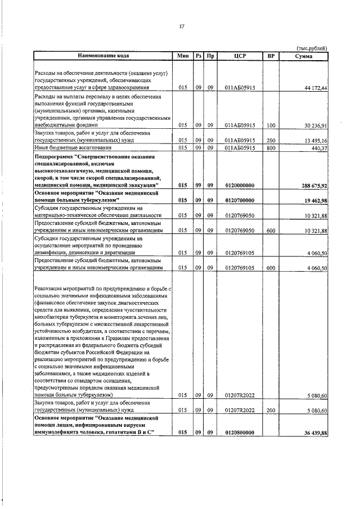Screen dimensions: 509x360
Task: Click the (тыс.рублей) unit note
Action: click(311, 48)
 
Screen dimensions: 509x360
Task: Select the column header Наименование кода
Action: click(103, 56)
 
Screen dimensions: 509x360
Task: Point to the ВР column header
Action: click(271, 56)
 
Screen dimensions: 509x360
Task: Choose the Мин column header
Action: click(182, 56)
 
